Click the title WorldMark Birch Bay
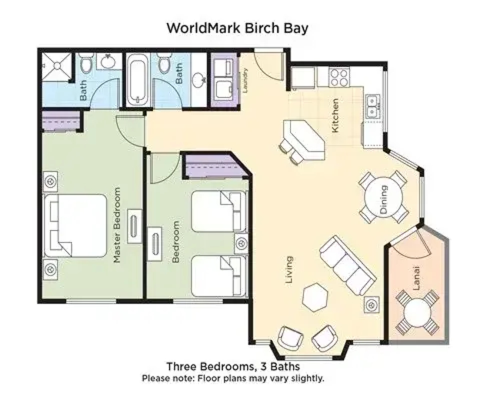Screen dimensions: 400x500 (x=237, y=28)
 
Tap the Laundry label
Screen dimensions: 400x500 (x=244, y=81)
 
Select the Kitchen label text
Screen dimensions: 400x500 (x=335, y=115)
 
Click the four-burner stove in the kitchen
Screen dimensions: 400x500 (x=339, y=77)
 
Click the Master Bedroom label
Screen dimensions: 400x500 (x=117, y=225)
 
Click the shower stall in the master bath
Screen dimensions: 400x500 (x=57, y=66)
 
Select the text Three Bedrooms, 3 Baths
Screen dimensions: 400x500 (x=233, y=367)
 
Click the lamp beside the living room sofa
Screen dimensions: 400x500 (x=371, y=305)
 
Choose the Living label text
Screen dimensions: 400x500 (x=289, y=270)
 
